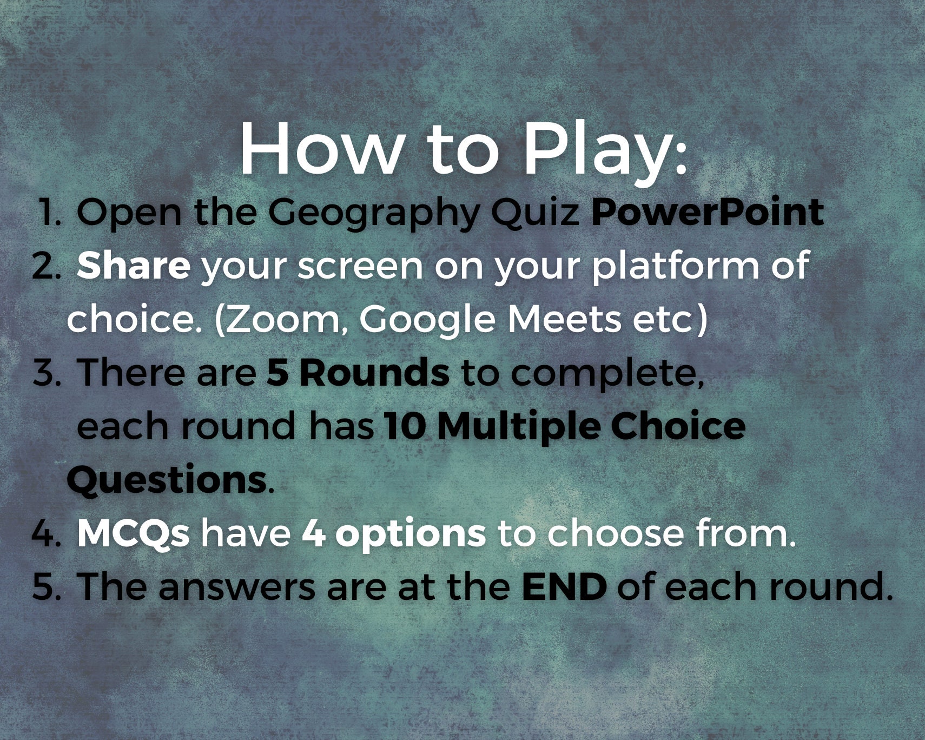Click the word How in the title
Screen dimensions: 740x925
[x=320, y=149]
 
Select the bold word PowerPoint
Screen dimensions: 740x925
[x=707, y=212]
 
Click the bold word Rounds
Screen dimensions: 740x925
[x=374, y=373]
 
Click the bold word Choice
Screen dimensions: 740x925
[x=678, y=426]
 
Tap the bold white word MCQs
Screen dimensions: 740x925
[x=133, y=533]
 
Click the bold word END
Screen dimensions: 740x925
[x=564, y=586]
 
